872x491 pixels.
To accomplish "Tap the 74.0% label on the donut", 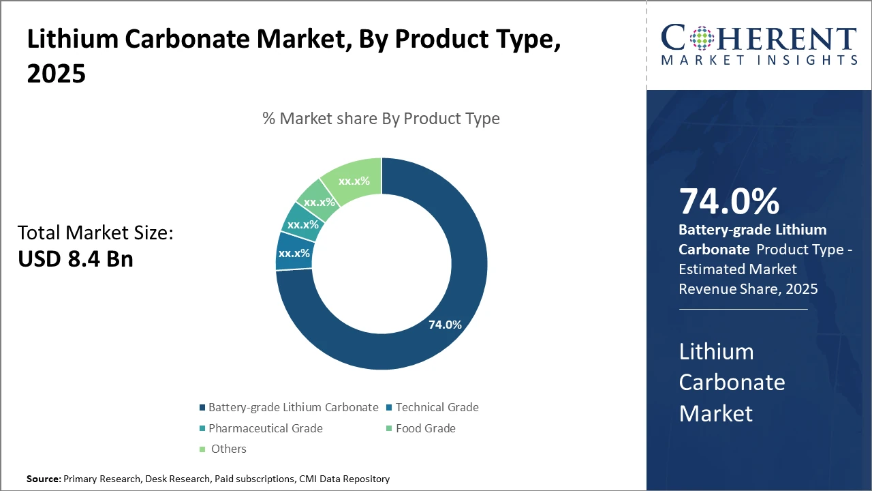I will (445, 325).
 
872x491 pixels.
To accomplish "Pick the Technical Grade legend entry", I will (437, 407).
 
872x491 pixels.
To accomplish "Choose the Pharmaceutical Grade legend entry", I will (265, 428).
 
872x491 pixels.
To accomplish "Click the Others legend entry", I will (228, 449).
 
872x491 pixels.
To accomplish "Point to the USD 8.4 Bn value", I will (75, 258).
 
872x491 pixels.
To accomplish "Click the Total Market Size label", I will (95, 233).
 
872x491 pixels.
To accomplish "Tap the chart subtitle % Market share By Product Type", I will (381, 119).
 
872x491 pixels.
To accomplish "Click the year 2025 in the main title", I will (57, 73).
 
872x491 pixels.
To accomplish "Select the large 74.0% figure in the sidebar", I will (729, 201).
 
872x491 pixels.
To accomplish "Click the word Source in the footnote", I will (43, 479).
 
